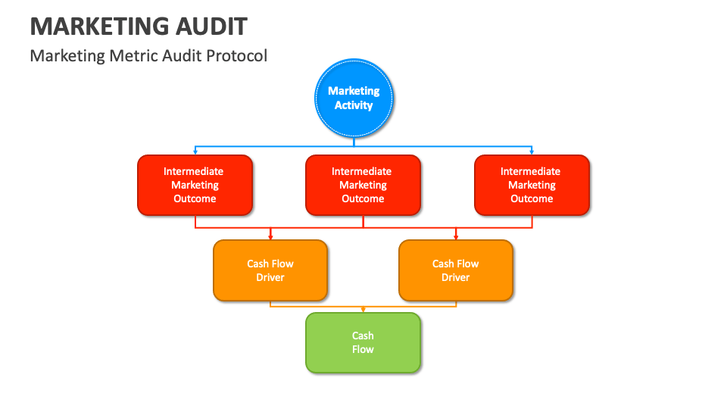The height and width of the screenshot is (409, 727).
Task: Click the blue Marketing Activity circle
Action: pyautogui.click(x=354, y=98)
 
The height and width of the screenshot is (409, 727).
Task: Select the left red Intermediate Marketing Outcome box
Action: pyautogui.click(x=195, y=185)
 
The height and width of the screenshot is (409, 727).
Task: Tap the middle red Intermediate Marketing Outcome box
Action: pyautogui.click(x=363, y=185)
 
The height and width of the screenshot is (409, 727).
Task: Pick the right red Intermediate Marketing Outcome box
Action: pyautogui.click(x=532, y=185)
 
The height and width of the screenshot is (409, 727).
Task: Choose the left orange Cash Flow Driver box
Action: pyautogui.click(x=270, y=270)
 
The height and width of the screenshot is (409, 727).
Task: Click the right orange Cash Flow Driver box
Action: pyautogui.click(x=455, y=270)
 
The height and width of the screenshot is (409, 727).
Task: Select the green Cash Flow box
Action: pyautogui.click(x=363, y=342)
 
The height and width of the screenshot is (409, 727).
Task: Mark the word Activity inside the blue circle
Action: pyautogui.click(x=354, y=105)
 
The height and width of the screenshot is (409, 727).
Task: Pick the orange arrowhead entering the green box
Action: pyautogui.click(x=363, y=310)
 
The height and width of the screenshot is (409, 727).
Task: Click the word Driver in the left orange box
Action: pyautogui.click(x=270, y=277)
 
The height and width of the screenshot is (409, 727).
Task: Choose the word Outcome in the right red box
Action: pyautogui.click(x=532, y=198)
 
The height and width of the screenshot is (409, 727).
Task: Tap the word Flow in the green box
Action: pyautogui.click(x=363, y=349)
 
